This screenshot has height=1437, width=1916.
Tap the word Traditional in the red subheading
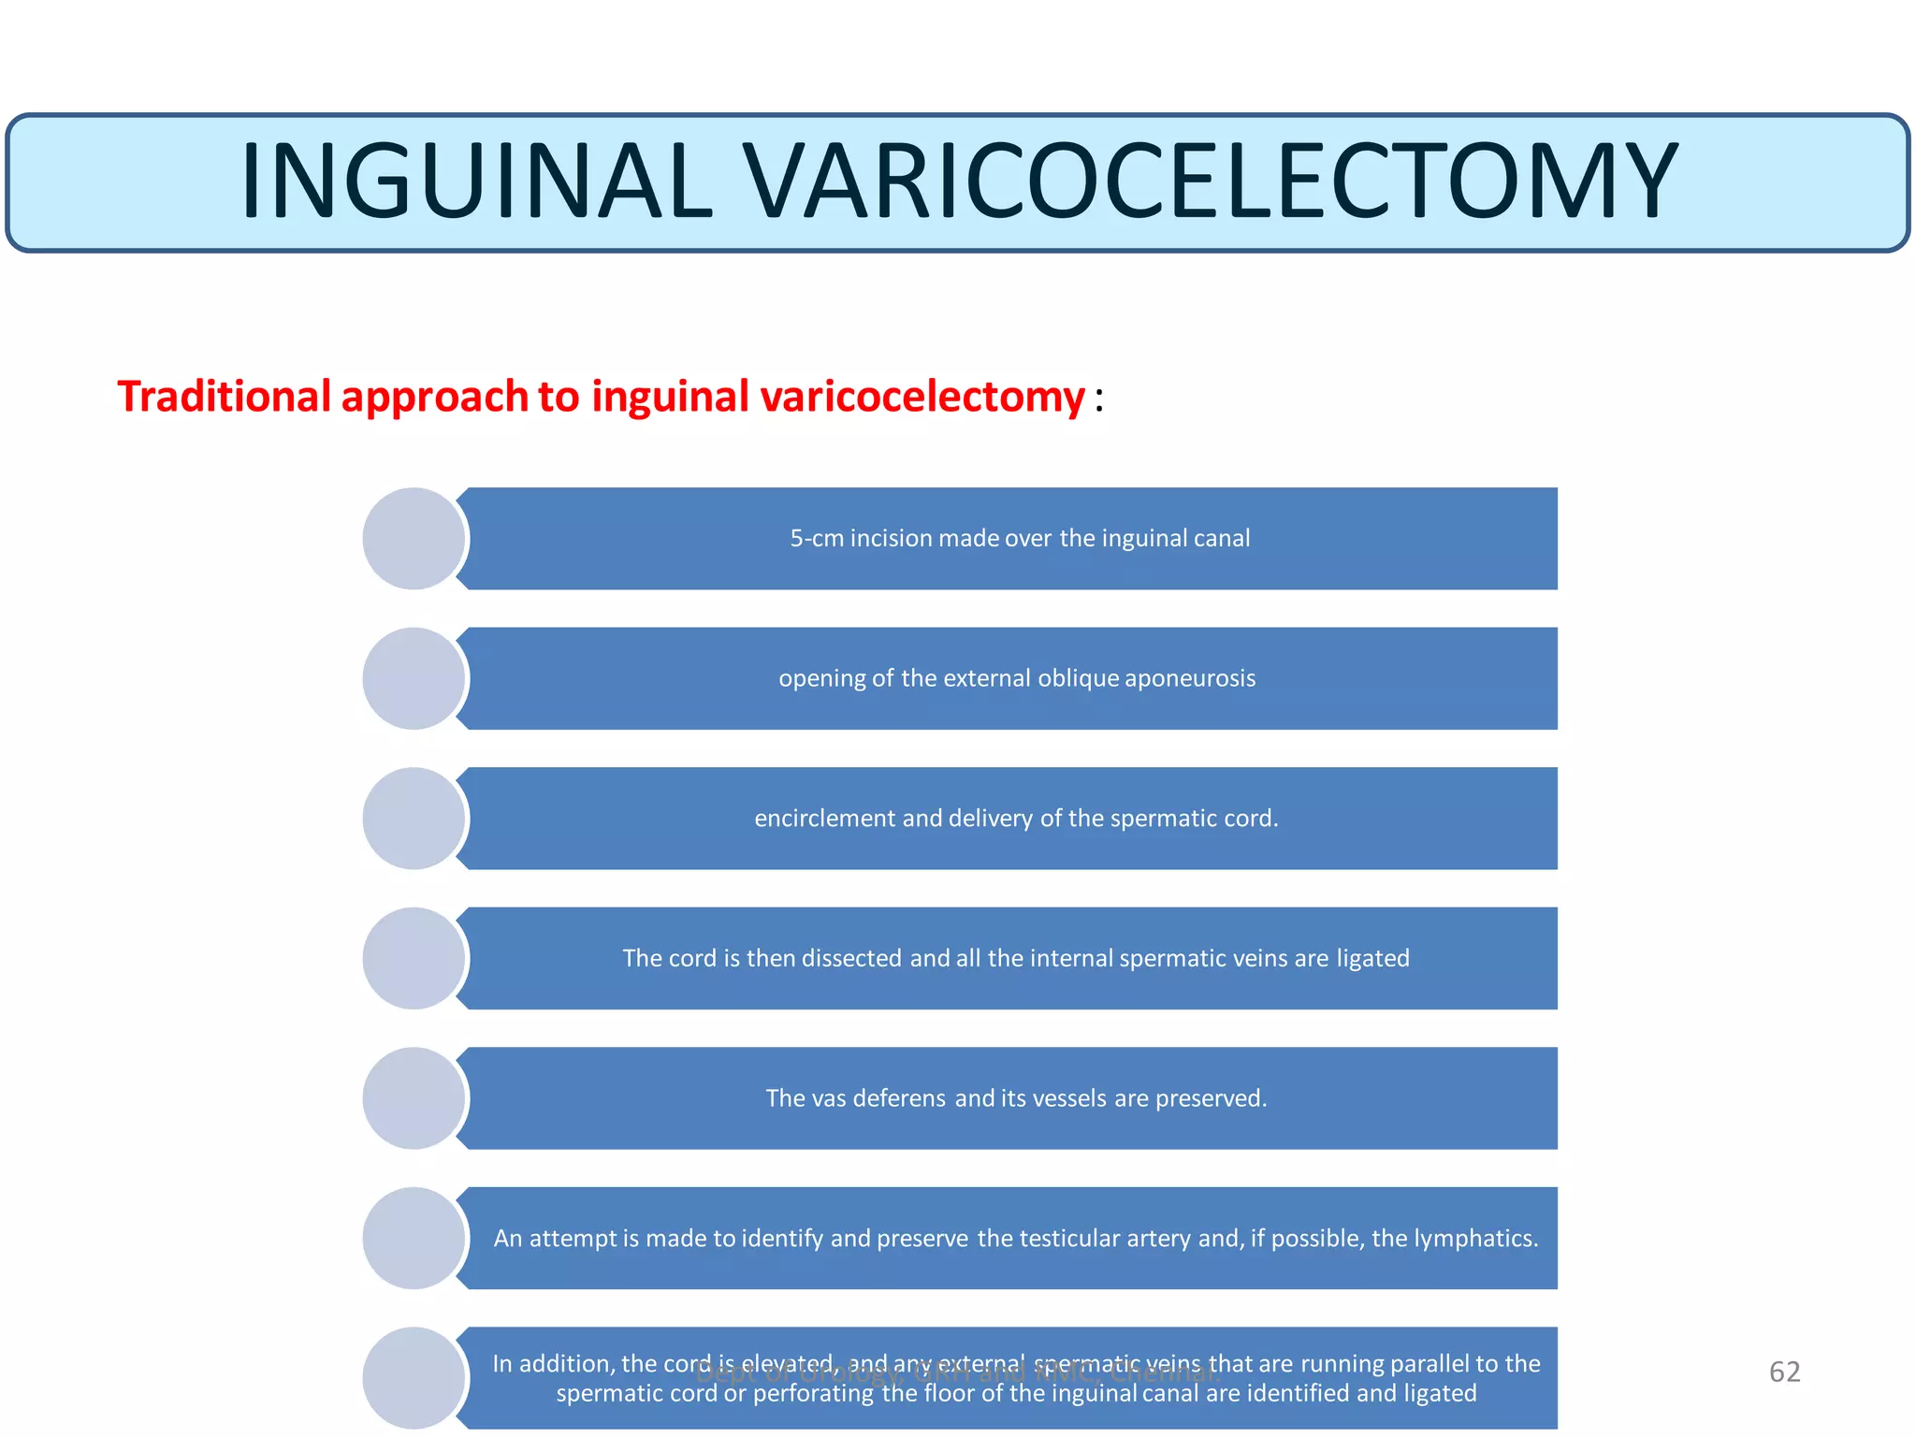pos(225,397)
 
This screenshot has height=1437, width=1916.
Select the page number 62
pos(1784,1372)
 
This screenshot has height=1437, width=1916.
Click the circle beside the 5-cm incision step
pos(414,539)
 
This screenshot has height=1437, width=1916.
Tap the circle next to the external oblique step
pos(414,678)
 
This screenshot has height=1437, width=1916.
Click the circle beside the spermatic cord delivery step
pos(414,819)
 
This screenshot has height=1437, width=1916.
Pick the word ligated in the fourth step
pos(1372,959)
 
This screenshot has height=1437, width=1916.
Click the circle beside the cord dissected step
pos(414,958)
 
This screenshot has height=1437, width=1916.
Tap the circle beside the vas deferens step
pos(414,1098)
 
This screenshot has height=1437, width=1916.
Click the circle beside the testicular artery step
pos(414,1239)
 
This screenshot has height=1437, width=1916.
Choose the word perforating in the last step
pos(814,1394)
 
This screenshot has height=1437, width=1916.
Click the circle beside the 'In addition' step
pos(414,1378)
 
